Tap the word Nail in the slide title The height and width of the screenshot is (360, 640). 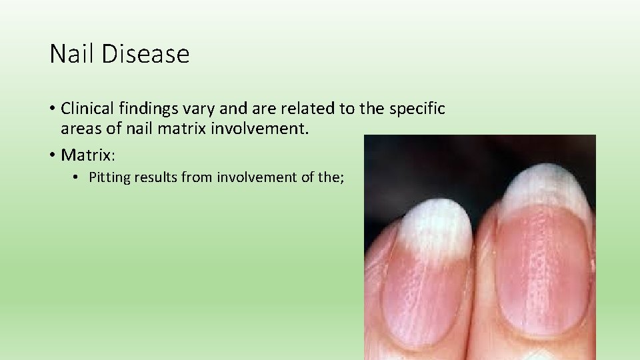[x=74, y=54]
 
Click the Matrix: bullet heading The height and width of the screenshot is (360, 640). [x=89, y=155]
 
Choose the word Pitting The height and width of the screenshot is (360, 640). [x=109, y=177]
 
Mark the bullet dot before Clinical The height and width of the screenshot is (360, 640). [x=53, y=108]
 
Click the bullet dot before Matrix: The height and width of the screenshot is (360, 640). [x=53, y=156]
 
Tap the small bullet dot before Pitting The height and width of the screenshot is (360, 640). [x=77, y=178]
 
